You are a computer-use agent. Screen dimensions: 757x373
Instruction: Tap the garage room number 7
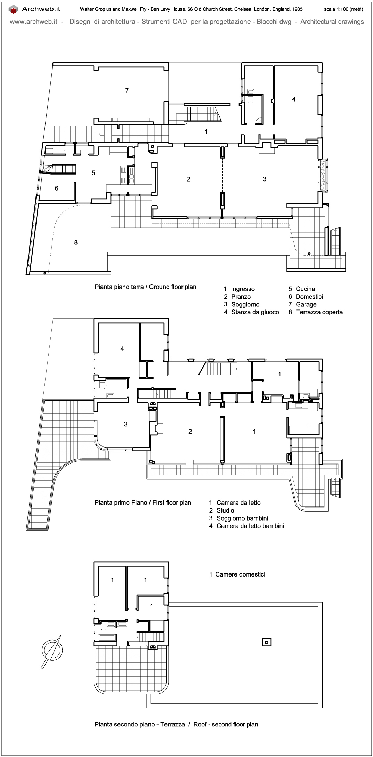(x=127, y=91)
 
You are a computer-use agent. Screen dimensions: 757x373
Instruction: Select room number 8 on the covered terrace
(x=76, y=243)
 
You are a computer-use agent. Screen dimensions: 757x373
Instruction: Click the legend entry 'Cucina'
(x=305, y=289)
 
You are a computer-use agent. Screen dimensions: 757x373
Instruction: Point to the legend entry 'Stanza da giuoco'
(x=255, y=312)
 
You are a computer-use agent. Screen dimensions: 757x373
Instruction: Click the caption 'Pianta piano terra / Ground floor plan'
(x=145, y=287)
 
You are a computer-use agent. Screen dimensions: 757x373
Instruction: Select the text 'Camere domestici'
(x=240, y=574)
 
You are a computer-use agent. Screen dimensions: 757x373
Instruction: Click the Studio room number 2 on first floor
(x=190, y=432)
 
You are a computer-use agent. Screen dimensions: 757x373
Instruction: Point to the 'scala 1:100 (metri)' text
(x=343, y=9)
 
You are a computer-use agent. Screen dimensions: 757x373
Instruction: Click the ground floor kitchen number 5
(x=93, y=173)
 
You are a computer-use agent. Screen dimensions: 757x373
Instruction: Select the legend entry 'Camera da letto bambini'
(x=250, y=526)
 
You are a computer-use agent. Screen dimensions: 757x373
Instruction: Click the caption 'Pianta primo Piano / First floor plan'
(x=143, y=503)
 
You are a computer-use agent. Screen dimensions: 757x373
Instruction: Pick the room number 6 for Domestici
(x=57, y=188)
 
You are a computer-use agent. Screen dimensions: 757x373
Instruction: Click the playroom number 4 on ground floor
(x=294, y=99)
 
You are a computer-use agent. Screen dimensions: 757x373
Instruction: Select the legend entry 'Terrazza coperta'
(x=319, y=312)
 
